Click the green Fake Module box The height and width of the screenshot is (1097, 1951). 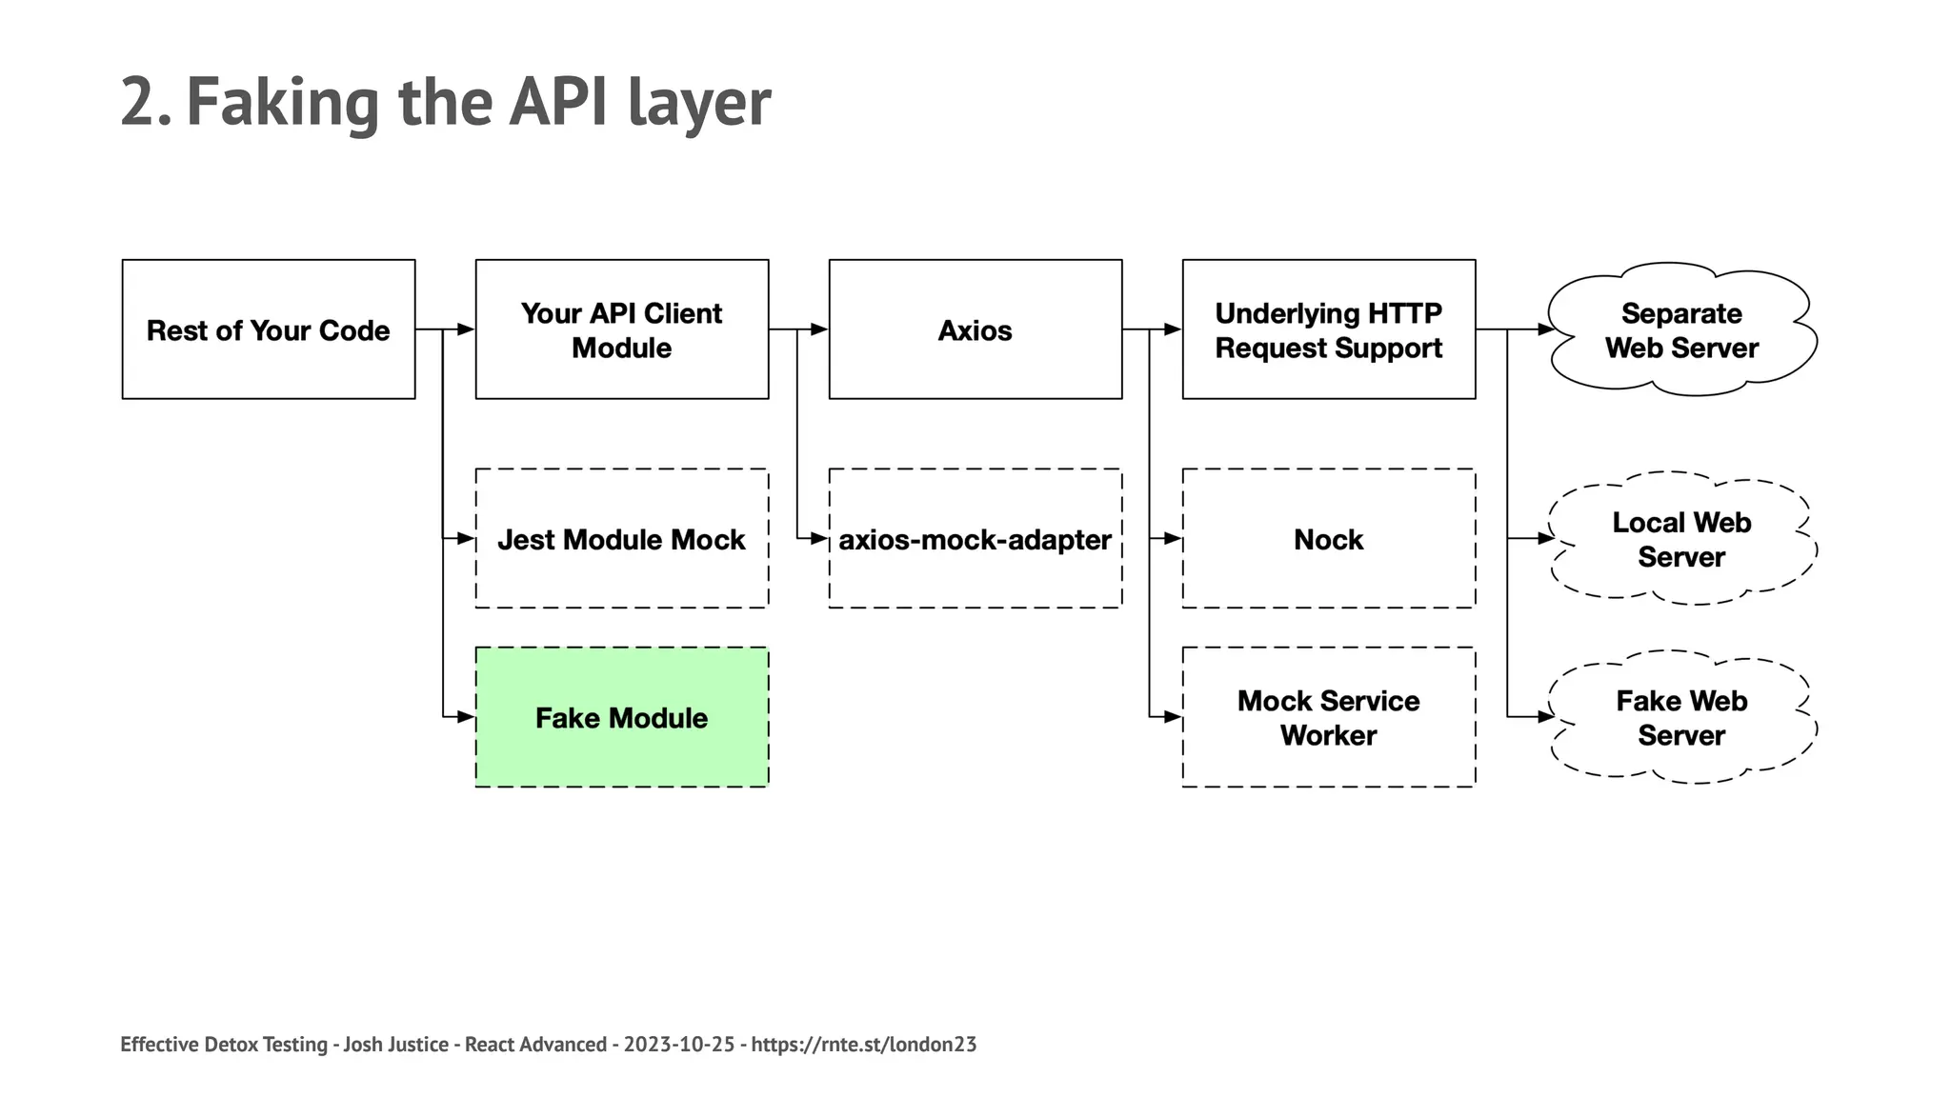pyautogui.click(x=622, y=717)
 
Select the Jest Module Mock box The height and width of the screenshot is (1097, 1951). pyautogui.click(x=622, y=539)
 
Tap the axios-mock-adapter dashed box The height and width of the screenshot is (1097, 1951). pyautogui.click(x=975, y=539)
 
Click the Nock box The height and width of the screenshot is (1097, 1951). pyautogui.click(x=1328, y=539)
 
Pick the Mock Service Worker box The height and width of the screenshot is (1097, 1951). pyautogui.click(x=1328, y=717)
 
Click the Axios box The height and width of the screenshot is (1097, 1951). pyautogui.click(x=975, y=329)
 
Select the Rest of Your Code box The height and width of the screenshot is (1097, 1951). pyautogui.click(x=269, y=329)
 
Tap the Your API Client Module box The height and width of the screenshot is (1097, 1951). pyautogui.click(x=622, y=329)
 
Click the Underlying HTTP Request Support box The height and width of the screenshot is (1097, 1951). pyautogui.click(x=1328, y=329)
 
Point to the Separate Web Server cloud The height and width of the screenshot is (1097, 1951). pyautogui.click(x=1681, y=329)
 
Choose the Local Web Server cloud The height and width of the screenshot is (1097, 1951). pyautogui.click(x=1681, y=539)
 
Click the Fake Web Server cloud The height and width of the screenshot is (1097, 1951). pyautogui.click(x=1681, y=717)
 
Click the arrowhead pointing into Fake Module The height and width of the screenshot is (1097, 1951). pyautogui.click(x=466, y=717)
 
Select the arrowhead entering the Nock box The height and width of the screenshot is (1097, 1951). pyautogui.click(x=1173, y=539)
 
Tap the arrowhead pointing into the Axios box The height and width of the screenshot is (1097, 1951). pyautogui.click(x=819, y=329)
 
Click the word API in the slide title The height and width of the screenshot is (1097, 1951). pyautogui.click(x=557, y=102)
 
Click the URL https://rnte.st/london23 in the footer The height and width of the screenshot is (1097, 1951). pyautogui.click(x=863, y=1045)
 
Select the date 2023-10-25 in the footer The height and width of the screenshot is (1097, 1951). pyautogui.click(x=679, y=1045)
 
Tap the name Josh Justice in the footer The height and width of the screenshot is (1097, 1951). pyautogui.click(x=395, y=1045)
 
